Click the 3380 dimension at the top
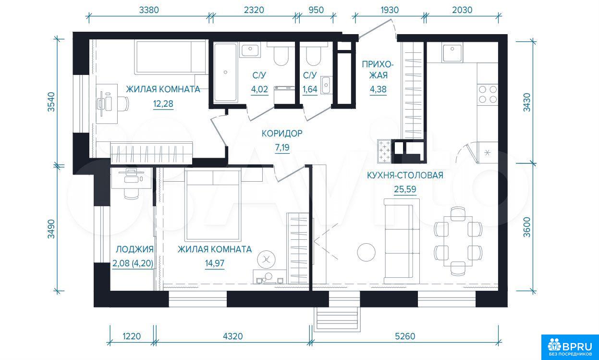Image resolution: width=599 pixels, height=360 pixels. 149,10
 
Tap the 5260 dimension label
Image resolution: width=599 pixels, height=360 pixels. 405,336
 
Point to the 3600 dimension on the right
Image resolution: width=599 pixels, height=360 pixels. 526,227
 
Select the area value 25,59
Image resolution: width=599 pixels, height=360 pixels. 405,189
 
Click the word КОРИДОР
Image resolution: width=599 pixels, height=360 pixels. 282,133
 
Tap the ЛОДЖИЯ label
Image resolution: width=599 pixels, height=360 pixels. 134,249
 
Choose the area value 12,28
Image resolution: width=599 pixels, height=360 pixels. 163,103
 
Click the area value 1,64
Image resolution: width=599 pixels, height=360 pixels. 310,89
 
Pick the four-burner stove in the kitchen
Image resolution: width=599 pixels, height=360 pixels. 488,94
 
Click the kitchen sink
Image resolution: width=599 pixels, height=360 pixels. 452,52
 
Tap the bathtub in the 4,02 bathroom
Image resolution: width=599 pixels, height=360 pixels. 225,73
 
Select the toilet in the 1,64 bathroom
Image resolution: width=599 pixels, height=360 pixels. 313,55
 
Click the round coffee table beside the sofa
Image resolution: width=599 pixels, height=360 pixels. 366,252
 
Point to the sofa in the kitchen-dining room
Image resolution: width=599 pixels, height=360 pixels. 402,241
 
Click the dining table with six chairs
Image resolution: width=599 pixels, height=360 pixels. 458,241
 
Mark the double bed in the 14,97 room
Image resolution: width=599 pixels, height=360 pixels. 213,205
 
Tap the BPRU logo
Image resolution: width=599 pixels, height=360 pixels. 570,347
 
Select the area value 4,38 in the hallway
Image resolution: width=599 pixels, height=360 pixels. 378,89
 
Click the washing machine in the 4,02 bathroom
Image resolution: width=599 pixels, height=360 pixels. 284,95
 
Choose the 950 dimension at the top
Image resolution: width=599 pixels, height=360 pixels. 316,10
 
